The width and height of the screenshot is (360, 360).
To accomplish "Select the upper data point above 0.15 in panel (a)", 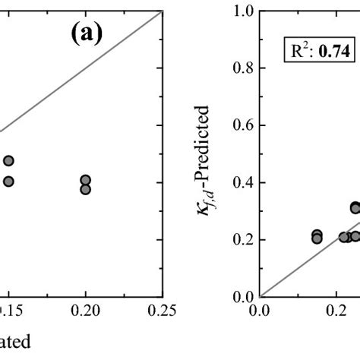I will point(8,161).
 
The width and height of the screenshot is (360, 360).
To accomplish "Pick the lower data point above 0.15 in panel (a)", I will point(8,181).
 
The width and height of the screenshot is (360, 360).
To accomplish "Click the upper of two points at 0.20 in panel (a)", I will point(85,180).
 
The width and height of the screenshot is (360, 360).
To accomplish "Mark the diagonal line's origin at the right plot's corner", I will point(261,296).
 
